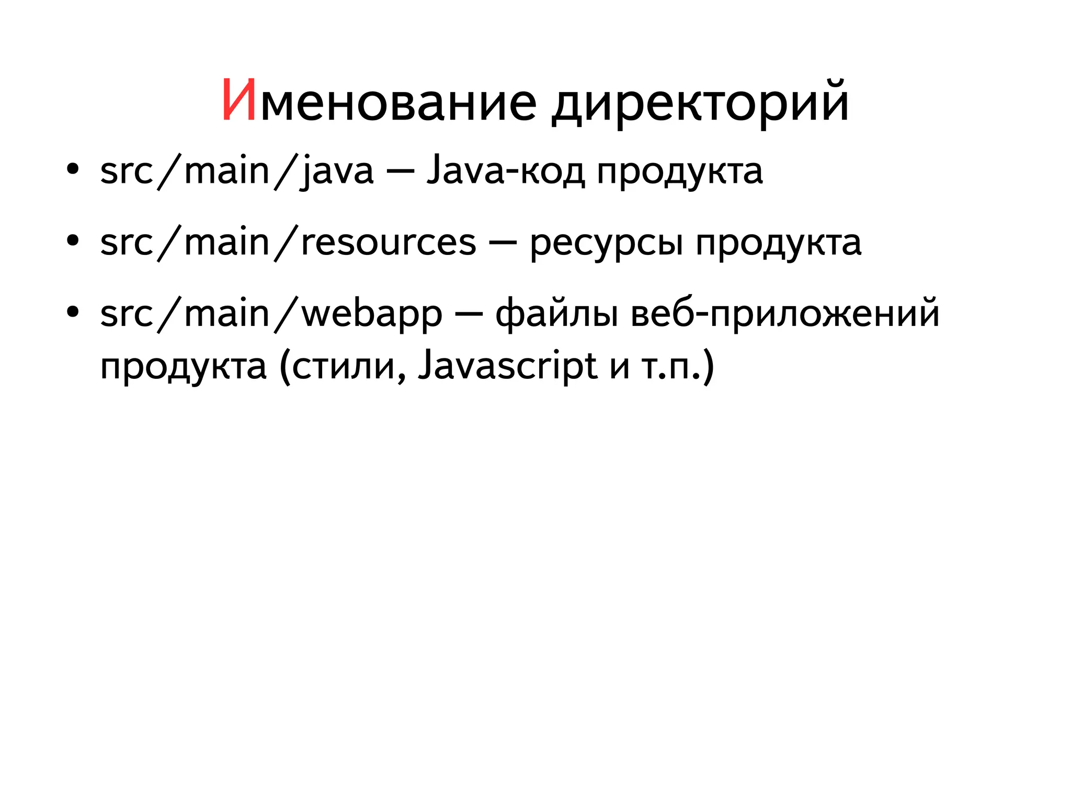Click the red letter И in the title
tap(239, 101)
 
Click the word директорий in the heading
tap(700, 102)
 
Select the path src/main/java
tap(237, 171)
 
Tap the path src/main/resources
tap(288, 243)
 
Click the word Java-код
tap(505, 171)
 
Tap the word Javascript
tap(507, 367)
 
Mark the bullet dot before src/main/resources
tap(73, 241)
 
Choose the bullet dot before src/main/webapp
tap(73, 312)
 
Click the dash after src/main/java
tap(401, 171)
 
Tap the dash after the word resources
tap(503, 242)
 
